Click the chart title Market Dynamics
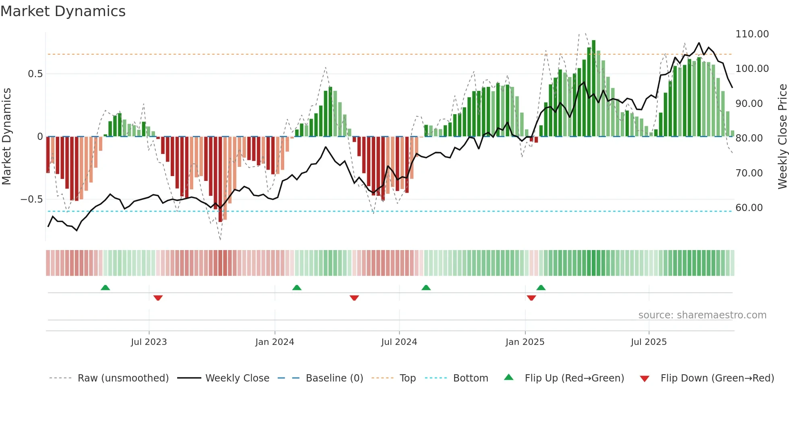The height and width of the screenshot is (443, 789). pyautogui.click(x=63, y=11)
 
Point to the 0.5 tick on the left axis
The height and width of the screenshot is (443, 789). pyautogui.click(x=35, y=74)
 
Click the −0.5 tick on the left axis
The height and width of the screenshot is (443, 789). pyautogui.click(x=31, y=199)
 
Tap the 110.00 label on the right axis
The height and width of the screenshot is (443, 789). pyautogui.click(x=752, y=34)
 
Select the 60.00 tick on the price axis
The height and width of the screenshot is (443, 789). pyautogui.click(x=749, y=208)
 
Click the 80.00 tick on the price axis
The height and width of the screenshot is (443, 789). pyautogui.click(x=749, y=138)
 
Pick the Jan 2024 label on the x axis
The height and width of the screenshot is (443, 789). pyautogui.click(x=275, y=342)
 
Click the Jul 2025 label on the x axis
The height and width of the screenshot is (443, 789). pyautogui.click(x=649, y=342)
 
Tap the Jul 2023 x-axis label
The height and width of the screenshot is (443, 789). pyautogui.click(x=149, y=342)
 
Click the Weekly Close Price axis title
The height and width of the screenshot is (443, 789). pyautogui.click(x=782, y=137)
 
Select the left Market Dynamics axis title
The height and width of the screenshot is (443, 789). pyautogui.click(x=7, y=137)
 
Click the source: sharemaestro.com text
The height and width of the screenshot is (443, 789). pyautogui.click(x=702, y=315)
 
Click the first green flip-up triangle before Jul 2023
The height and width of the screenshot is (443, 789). pyautogui.click(x=105, y=287)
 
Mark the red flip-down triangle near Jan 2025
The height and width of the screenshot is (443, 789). pyautogui.click(x=531, y=298)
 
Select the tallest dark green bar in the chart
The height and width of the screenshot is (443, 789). pyautogui.click(x=593, y=88)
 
